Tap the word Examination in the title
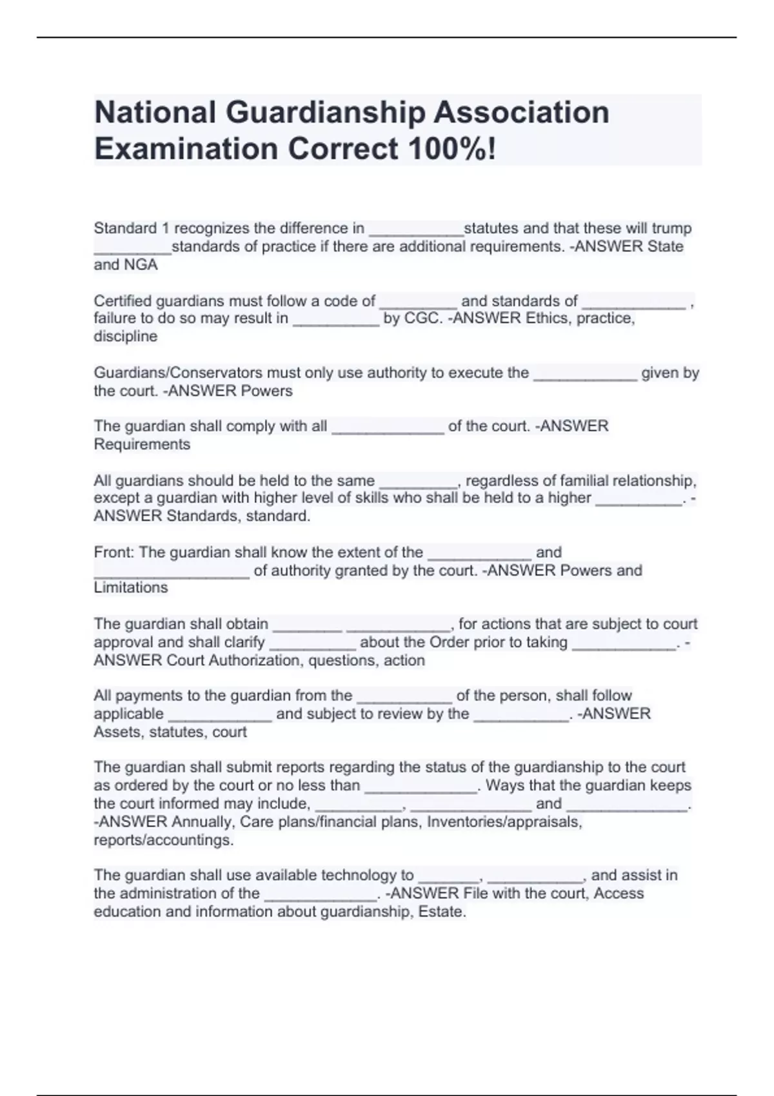186,149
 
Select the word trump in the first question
671,228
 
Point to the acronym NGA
141,264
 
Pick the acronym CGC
422,318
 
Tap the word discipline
125,337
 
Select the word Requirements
142,444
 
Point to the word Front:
114,553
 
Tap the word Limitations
130,588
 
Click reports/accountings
163,840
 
